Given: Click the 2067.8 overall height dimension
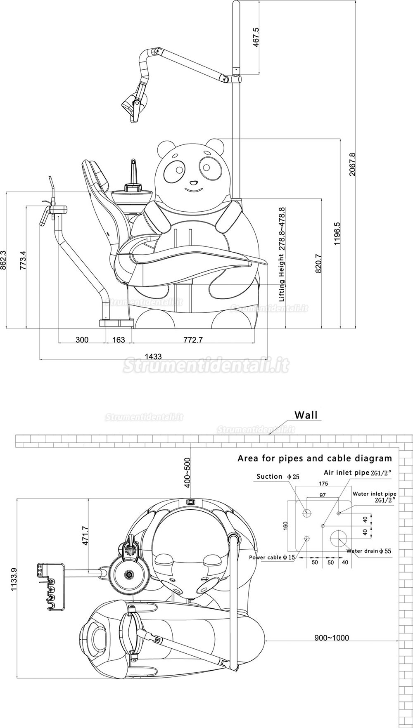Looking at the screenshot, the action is [x=352, y=164].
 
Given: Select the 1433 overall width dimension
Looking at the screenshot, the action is [x=154, y=356].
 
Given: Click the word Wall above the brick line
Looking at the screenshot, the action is [x=306, y=415].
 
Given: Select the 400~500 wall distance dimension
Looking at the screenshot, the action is [x=188, y=471].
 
